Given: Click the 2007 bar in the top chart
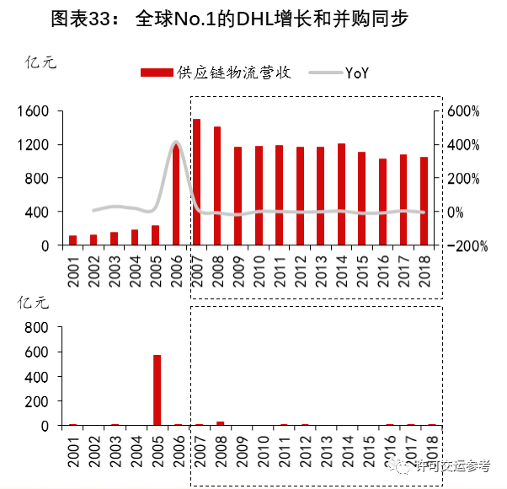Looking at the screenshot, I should [196, 182].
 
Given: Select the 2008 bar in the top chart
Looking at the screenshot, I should [217, 186].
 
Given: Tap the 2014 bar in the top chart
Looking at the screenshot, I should [341, 195].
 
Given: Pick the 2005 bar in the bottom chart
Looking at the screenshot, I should [157, 390].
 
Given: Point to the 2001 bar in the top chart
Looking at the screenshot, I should [72, 240].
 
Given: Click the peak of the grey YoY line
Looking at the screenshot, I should [176, 142].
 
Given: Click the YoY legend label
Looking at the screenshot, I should [357, 73].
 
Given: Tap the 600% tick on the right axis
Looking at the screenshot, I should [462, 111].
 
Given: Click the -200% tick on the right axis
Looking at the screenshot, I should [462, 245].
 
